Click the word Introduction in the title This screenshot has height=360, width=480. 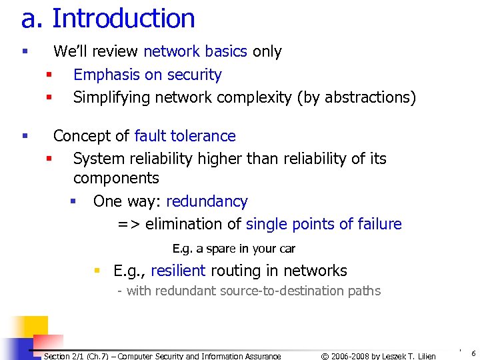tap(123, 19)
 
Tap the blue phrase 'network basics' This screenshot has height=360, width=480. tap(195, 51)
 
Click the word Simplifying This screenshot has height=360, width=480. tap(111, 97)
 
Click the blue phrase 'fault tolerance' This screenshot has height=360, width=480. tap(185, 136)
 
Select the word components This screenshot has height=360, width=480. tap(116, 178)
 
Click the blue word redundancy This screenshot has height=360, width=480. tap(207, 201)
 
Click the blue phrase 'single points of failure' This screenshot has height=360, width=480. tap(323, 224)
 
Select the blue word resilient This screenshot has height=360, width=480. tap(178, 271)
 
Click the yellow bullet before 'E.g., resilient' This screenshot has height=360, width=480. tap(97, 271)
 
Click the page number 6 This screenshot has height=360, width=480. tap(473, 354)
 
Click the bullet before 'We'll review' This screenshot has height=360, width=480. tap(24, 51)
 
